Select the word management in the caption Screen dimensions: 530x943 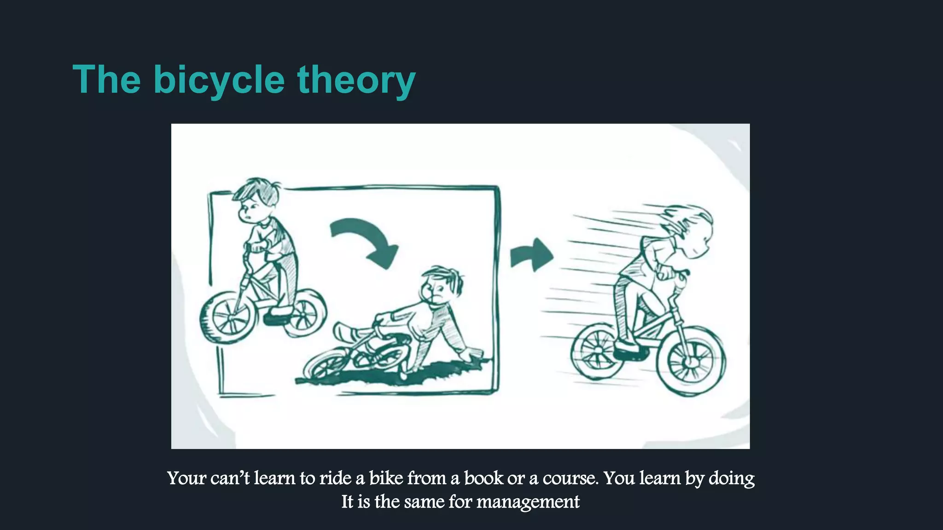528,501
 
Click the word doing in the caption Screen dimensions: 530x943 731,478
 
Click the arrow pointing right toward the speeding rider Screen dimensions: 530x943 532,255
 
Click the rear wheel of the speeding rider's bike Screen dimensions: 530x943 594,352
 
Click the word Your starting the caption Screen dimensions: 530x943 186,478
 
